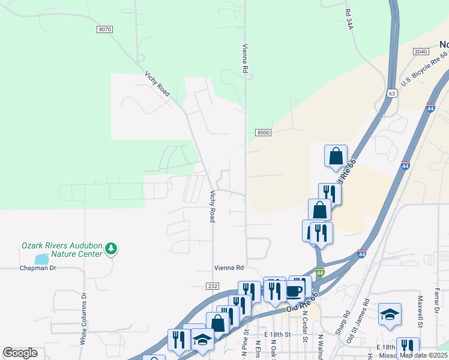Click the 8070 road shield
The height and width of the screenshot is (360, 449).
click(104, 29)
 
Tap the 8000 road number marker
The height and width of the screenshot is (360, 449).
click(262, 132)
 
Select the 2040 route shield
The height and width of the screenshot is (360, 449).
click(421, 52)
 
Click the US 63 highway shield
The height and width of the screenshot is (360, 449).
click(392, 93)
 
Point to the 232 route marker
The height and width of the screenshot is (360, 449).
click(212, 287)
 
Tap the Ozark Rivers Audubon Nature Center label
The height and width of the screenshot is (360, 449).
click(62, 249)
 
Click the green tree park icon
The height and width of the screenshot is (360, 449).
click(110, 248)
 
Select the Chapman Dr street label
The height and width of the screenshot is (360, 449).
click(37, 268)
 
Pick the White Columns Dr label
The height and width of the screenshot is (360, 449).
click(84, 319)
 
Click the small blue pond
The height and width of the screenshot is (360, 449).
click(41, 259)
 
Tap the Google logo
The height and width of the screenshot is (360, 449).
click(20, 353)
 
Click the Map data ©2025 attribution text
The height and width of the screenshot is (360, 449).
click(423, 355)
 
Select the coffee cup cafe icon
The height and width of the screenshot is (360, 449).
click(294, 290)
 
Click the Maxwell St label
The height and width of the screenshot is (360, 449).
click(420, 307)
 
